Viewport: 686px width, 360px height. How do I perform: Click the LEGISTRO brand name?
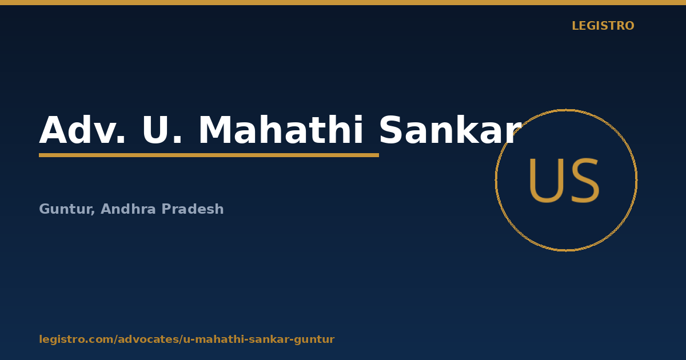[x=603, y=26]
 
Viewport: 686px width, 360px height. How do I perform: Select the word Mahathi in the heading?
[x=281, y=130]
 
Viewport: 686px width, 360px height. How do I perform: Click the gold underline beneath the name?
[x=209, y=155]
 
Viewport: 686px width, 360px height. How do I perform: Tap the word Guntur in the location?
[x=66, y=209]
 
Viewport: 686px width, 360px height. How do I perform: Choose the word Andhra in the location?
[x=128, y=209]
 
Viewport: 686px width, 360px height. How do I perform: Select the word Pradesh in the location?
[x=193, y=209]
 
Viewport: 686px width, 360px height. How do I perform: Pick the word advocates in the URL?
[x=149, y=339]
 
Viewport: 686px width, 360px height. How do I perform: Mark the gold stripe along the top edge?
[x=343, y=2]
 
